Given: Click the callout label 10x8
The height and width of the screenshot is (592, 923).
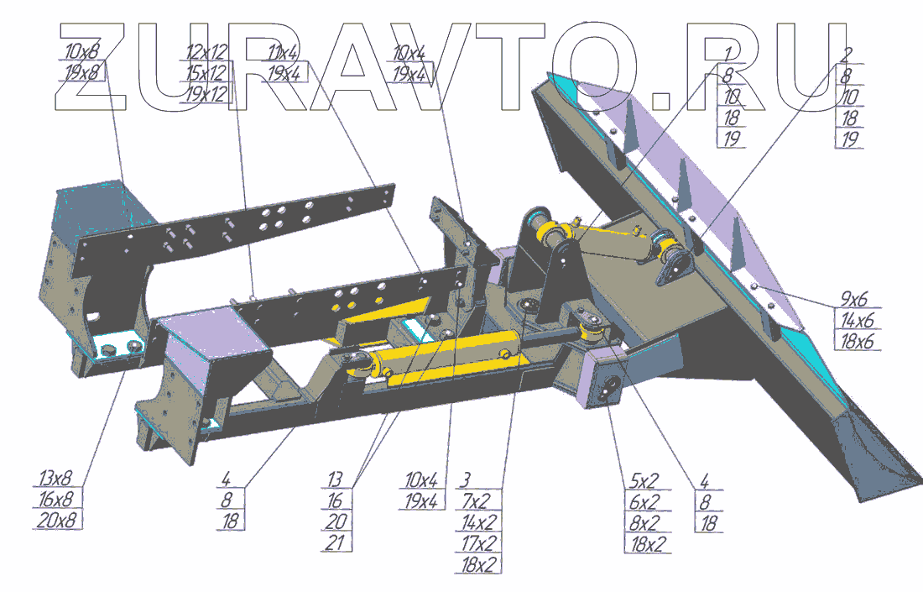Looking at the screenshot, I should (x=81, y=53).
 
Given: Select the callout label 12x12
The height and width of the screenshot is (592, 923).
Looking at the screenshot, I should (x=206, y=53).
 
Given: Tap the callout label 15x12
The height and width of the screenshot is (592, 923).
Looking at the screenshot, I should (x=206, y=73).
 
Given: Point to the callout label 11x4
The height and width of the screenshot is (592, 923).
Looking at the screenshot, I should (x=284, y=53).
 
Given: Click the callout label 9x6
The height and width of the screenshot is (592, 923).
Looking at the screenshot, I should (x=855, y=300).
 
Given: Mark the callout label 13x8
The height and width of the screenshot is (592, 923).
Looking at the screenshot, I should (x=55, y=479).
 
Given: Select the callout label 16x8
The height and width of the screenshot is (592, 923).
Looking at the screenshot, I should (x=55, y=500).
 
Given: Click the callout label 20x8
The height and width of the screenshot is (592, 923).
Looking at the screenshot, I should (x=55, y=521).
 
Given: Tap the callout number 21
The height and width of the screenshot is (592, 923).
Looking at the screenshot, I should (x=336, y=542).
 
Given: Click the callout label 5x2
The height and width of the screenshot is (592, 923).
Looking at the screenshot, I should (x=643, y=481).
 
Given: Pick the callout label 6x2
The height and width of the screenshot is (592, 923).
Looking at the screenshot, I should (x=643, y=501).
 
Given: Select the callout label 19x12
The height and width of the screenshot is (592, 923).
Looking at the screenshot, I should (x=206, y=93).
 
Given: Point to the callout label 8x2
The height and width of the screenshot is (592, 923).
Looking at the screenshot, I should (x=643, y=522).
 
